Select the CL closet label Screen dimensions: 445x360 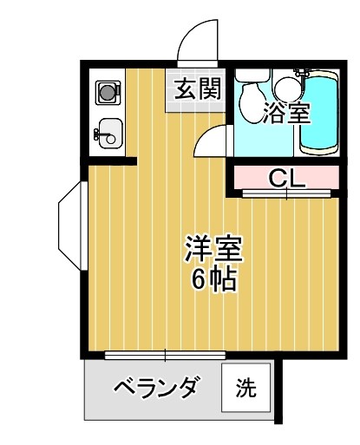coord(285,179)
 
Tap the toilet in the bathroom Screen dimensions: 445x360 coord(251,91)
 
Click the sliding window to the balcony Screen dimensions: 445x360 coord(165,354)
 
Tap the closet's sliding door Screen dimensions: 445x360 coord(286,194)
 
